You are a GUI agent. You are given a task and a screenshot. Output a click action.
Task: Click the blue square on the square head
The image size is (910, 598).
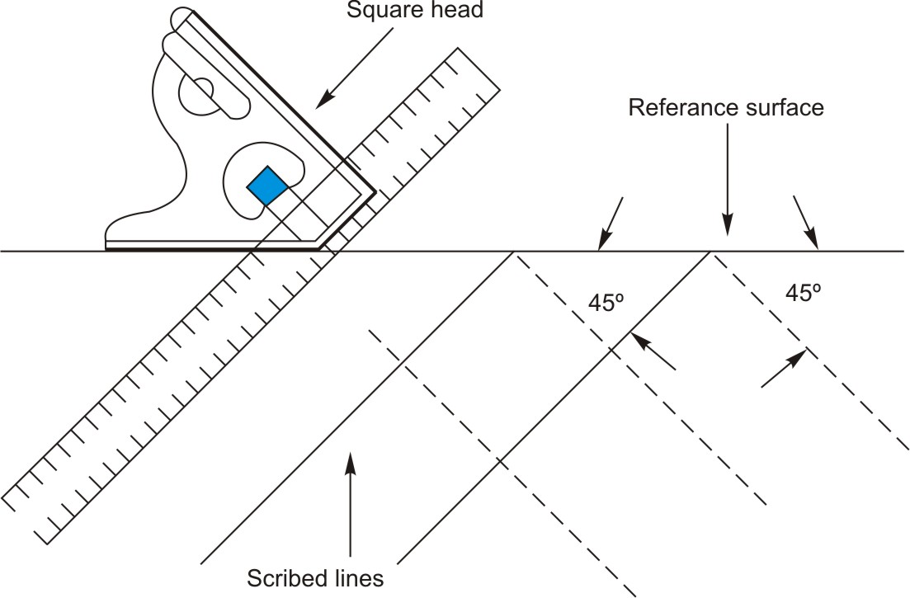coord(267,186)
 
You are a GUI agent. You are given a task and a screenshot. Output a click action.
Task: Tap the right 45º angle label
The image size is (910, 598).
coord(798,291)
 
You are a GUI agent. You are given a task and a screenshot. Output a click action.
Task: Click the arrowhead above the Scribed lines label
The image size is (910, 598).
coord(351,459)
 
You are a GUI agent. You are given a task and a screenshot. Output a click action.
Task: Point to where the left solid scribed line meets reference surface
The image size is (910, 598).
coord(515,252)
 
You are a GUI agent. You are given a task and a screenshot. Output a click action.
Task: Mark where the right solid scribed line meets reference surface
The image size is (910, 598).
coord(710,252)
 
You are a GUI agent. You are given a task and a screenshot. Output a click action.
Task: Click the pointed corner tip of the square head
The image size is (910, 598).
coord(375,194)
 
